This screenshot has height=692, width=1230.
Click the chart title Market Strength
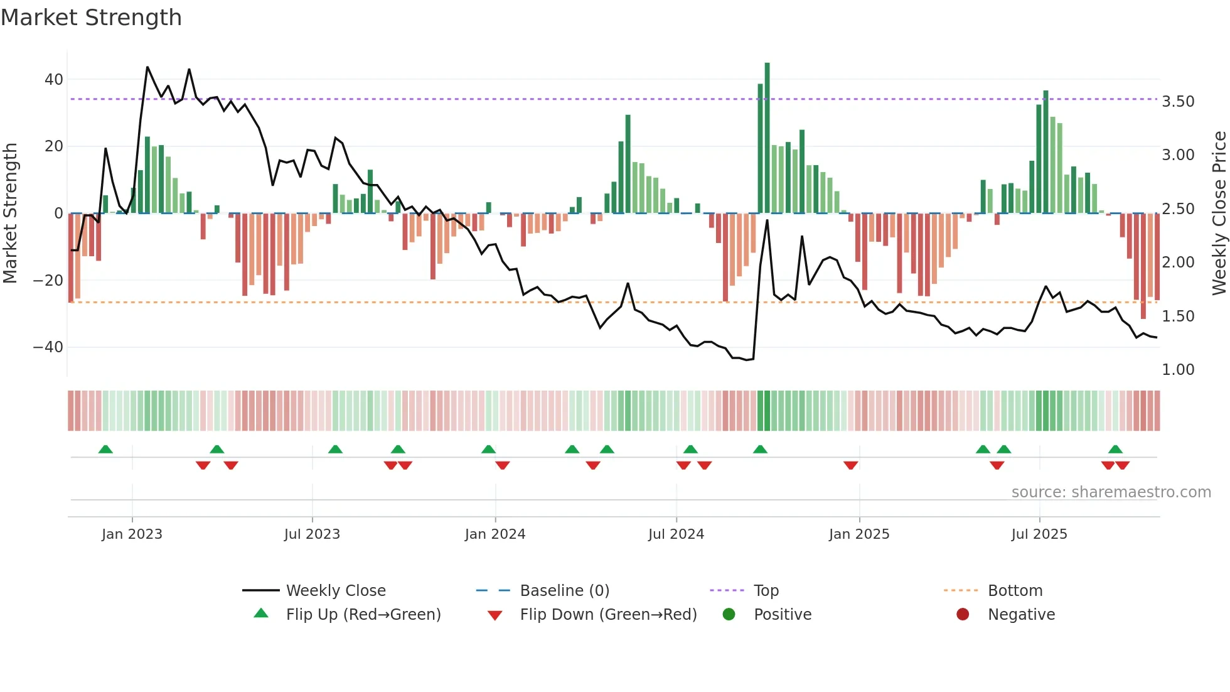click(x=91, y=18)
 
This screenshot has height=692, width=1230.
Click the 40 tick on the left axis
click(x=53, y=80)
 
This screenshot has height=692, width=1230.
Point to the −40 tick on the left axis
click(x=48, y=347)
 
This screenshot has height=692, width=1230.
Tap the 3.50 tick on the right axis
click(x=1178, y=102)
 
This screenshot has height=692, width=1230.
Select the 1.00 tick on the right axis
click(x=1178, y=370)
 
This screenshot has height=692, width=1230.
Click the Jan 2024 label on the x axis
click(x=495, y=534)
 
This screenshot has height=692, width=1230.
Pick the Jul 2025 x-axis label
click(x=1039, y=534)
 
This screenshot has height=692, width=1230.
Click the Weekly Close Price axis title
click(x=1219, y=214)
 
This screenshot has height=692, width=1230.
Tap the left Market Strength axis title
click(x=10, y=214)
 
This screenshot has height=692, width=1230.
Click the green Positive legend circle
click(x=729, y=614)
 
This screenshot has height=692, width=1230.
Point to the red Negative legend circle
click(x=963, y=614)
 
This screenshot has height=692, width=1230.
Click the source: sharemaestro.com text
click(x=1111, y=492)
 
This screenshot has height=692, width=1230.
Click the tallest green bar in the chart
click(x=767, y=138)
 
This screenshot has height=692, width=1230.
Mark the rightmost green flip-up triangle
click(x=1115, y=450)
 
